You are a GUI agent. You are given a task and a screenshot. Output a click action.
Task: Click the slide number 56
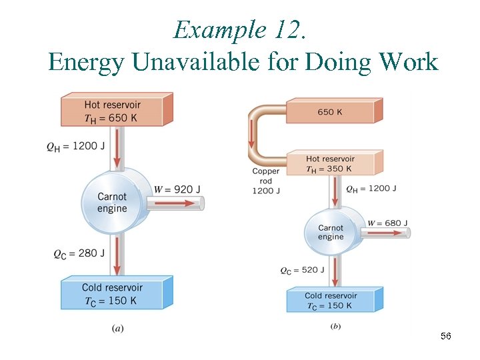pyautogui.click(x=446, y=337)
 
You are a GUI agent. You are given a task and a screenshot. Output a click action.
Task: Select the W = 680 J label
pyautogui.click(x=387, y=223)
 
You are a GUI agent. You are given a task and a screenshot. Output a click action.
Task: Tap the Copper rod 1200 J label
pyautogui.click(x=266, y=181)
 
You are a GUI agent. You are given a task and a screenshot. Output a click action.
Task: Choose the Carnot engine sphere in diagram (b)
pyautogui.click(x=331, y=232)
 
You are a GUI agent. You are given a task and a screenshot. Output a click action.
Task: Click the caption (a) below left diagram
pyautogui.click(x=117, y=327)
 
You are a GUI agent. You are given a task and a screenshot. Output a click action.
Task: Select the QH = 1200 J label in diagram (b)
pyautogui.click(x=371, y=189)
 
